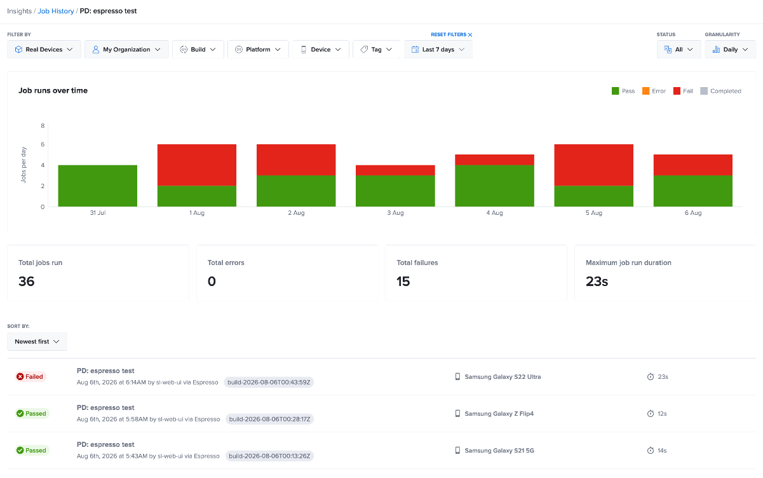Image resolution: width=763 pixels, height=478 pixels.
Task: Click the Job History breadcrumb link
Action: pos(55,11)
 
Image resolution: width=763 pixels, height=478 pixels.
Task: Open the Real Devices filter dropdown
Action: pos(44,50)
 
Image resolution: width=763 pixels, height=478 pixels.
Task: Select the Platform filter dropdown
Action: pos(258,50)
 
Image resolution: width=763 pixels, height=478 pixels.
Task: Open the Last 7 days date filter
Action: pos(438,50)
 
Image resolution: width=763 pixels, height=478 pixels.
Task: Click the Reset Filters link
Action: pos(451,34)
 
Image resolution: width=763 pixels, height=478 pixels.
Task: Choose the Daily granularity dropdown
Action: pos(731,50)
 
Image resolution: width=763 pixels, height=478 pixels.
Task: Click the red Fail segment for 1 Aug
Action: pos(197,165)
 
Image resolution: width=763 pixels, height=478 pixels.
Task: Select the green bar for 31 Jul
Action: pos(98,186)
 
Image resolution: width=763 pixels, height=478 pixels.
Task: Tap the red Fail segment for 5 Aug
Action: pos(594,165)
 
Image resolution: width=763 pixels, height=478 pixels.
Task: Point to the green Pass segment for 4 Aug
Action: pos(495,186)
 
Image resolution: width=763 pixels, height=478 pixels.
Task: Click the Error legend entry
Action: pos(654,91)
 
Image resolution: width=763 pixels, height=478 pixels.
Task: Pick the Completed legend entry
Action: pos(721,91)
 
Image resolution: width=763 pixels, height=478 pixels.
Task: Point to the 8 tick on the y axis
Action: pos(43,126)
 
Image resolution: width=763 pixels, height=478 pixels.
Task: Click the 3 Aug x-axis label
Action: pos(395,213)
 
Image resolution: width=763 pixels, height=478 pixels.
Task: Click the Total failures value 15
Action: pos(403,282)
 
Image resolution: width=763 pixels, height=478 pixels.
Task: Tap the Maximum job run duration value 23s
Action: pos(597,282)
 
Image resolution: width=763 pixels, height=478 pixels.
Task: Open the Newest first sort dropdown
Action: pos(37,341)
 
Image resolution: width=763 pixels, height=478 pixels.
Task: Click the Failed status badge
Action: pos(30,376)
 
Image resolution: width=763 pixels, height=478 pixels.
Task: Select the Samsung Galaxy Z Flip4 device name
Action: pos(499,414)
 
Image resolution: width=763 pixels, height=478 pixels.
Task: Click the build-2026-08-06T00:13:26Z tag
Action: pos(269,456)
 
